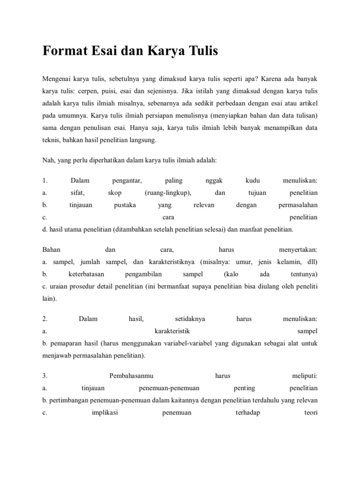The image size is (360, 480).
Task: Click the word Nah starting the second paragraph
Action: [48, 160]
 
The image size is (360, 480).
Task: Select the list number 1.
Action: [45, 180]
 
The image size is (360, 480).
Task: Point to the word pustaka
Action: [125, 205]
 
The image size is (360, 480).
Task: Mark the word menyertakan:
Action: [298, 250]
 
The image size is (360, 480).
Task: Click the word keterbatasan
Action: [86, 274]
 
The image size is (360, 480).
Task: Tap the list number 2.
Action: [45, 319]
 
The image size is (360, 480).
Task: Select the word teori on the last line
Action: [311, 413]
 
